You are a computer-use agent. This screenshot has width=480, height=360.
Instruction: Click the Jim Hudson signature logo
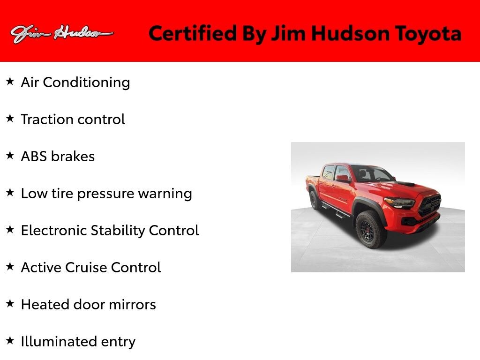[x=61, y=34]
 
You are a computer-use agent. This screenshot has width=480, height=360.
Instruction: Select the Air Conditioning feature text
[x=75, y=82]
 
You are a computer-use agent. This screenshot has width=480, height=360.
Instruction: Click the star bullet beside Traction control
[x=10, y=119]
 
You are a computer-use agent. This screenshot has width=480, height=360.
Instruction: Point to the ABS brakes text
[x=58, y=156]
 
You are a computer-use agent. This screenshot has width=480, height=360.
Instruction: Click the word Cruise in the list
[x=89, y=267]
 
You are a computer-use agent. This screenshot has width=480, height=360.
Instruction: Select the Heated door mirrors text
[x=88, y=304]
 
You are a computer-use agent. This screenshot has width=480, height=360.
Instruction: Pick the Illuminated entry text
[x=78, y=341]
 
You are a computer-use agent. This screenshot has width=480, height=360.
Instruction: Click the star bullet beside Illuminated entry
[x=10, y=340]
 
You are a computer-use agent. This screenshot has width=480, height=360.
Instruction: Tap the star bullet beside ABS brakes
[x=10, y=156]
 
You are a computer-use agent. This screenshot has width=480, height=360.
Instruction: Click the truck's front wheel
[x=370, y=229]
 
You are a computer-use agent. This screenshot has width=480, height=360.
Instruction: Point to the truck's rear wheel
[x=315, y=200]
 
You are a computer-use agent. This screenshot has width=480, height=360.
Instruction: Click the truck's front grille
[x=429, y=205]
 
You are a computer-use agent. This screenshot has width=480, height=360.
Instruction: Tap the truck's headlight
[x=399, y=203]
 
